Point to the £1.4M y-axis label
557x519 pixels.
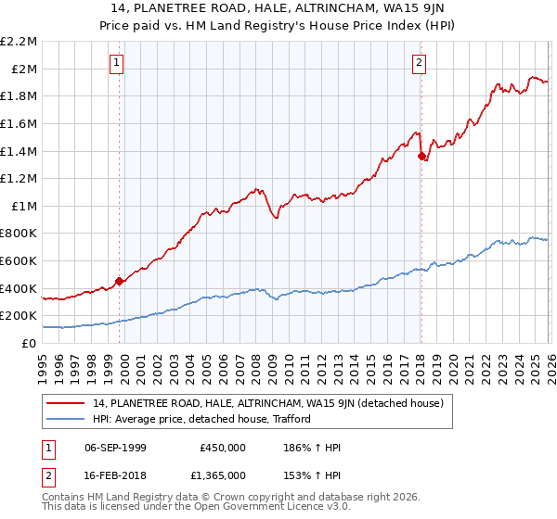[x=19, y=151]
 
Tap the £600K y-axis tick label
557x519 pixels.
[x=19, y=261]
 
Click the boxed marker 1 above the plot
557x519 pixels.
[x=117, y=63]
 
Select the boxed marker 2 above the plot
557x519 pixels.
[x=419, y=63]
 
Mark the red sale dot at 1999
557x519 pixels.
[x=119, y=281]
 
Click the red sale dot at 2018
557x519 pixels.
[x=421, y=156]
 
